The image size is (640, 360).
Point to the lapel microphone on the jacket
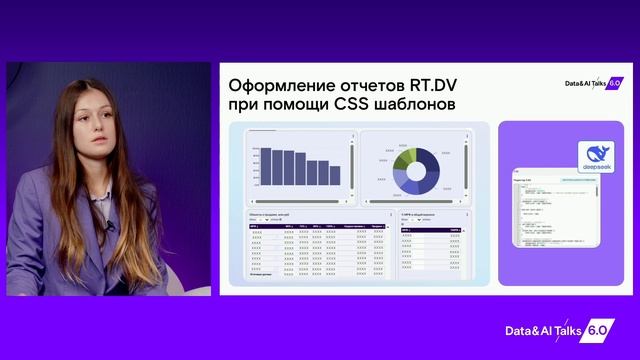(110, 226)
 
